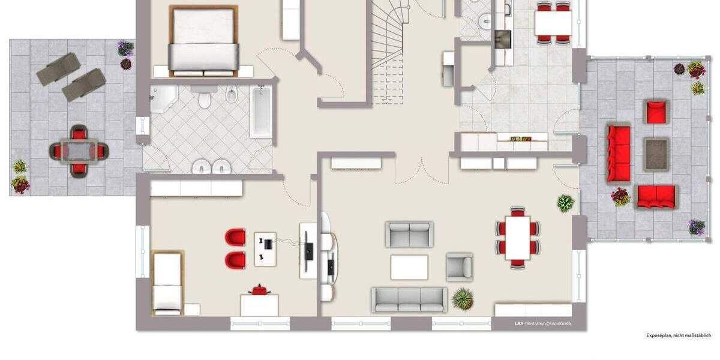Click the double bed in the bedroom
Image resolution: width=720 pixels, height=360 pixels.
pos(202,41)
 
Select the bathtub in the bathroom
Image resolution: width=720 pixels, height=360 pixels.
pos(260,112)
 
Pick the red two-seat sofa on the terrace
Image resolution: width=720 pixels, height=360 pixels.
pos(656,196)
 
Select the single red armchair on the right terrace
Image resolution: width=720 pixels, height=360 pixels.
pos(656,112)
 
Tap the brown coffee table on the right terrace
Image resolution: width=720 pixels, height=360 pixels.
pos(656,155)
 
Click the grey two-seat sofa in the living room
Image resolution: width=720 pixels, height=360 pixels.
pos(409,234)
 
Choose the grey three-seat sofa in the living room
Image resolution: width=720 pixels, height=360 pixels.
pos(409,299)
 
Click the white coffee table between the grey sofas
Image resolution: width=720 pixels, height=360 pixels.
pos(409,267)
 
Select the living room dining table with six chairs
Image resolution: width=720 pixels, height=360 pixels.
pos(517,237)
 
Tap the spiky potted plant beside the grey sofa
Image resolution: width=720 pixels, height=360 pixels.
pos(462,297)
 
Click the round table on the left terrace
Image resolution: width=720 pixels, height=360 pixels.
pos(78,150)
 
